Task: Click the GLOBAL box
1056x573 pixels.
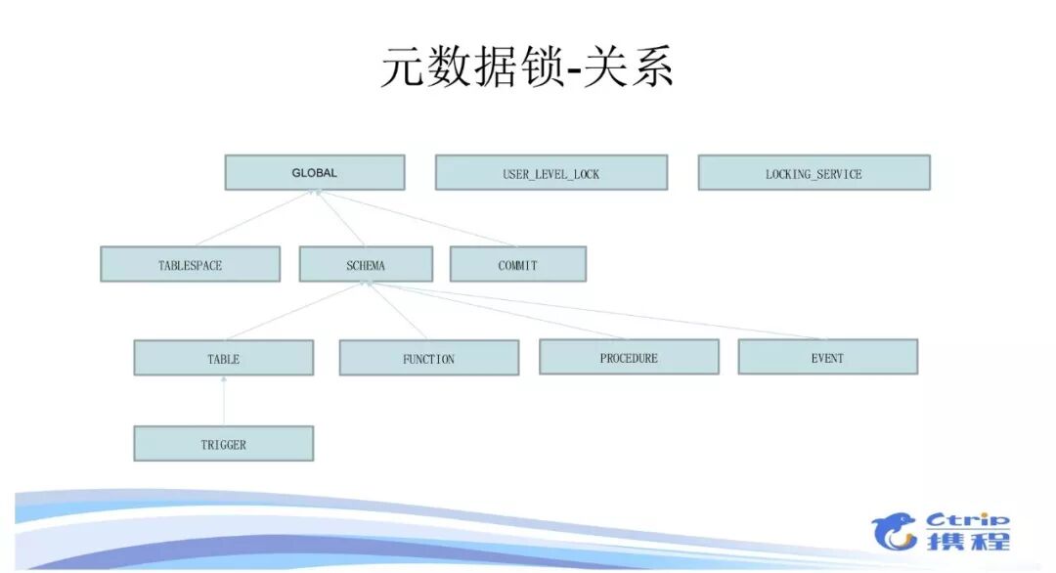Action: point(314,173)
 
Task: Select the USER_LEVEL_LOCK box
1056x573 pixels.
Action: point(550,173)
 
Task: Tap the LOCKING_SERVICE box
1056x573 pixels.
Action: point(814,173)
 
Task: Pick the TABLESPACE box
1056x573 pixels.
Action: point(190,265)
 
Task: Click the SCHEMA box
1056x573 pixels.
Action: point(366,265)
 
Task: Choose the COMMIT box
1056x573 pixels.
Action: point(517,265)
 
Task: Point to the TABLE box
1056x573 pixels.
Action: point(223,359)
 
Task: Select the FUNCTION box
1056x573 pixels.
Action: point(428,359)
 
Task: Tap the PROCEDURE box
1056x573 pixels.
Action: point(629,358)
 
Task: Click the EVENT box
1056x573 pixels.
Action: point(827,358)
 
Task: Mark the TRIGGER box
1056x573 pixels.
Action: point(223,444)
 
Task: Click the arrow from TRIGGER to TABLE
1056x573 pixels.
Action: point(224,401)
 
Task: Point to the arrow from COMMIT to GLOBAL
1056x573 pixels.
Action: point(415,218)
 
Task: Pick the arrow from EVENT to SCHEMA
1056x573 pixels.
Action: point(596,311)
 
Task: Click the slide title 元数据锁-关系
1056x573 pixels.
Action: point(527,69)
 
